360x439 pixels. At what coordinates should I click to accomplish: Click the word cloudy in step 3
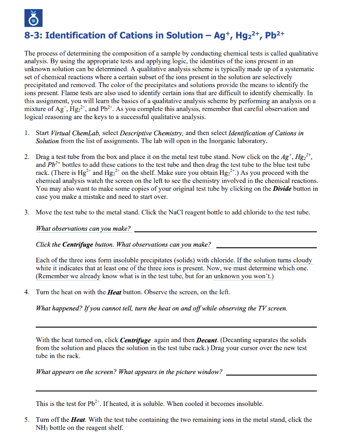[303, 261]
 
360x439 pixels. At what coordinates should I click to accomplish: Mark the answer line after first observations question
[225, 231]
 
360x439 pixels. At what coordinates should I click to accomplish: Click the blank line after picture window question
[270, 374]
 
